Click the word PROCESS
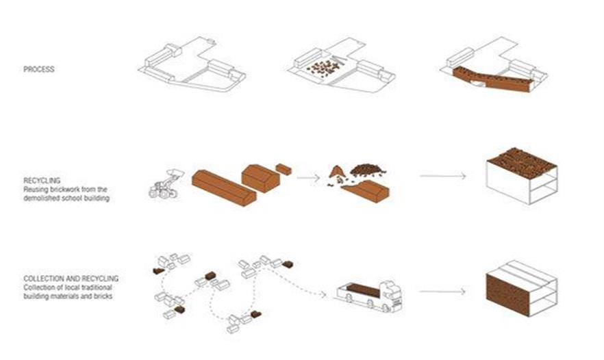[39, 69]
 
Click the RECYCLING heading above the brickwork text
[42, 180]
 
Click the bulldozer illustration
[165, 184]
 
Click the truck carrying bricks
[369, 296]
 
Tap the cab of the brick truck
[392, 296]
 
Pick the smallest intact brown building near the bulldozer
[284, 169]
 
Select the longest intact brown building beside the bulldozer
[224, 188]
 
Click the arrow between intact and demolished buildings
[308, 177]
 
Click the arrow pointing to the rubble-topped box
[443, 176]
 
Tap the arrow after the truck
[442, 292]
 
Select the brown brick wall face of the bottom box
[507, 294]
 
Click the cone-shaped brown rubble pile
[337, 172]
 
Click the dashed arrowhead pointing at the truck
[323, 295]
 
